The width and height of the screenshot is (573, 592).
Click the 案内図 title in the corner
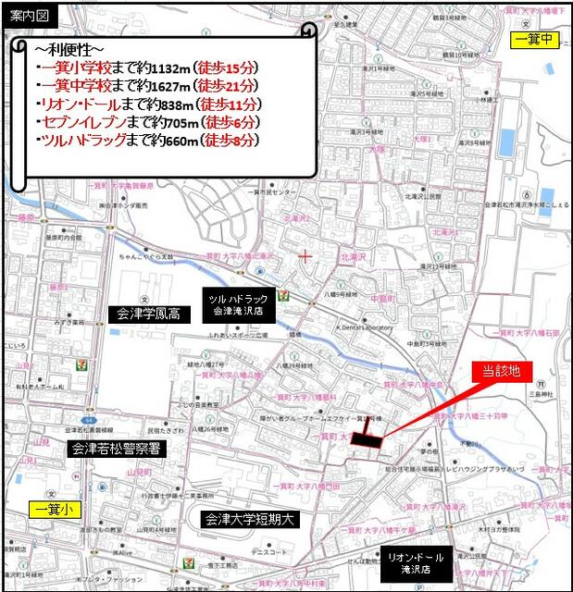point(27,15)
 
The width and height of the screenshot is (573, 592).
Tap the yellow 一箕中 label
point(535,39)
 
